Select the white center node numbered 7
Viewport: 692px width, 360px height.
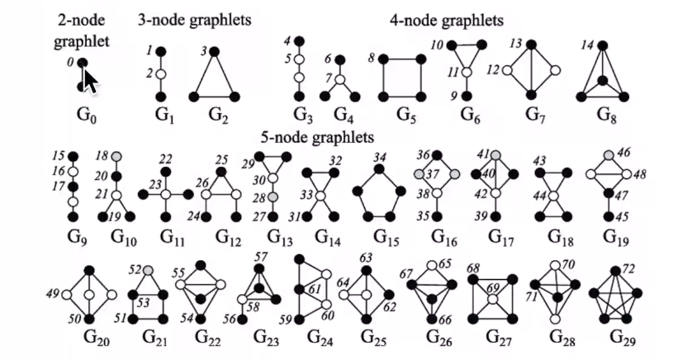coord(338,78)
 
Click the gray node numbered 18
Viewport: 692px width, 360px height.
coord(119,155)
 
